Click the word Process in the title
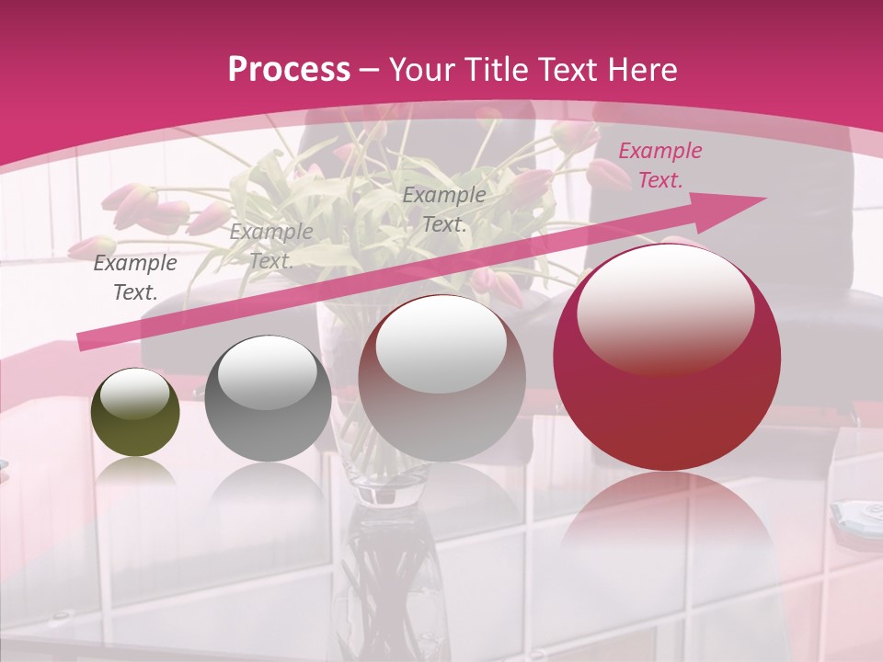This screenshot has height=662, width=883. coord(289,69)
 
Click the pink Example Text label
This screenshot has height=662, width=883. coord(659,165)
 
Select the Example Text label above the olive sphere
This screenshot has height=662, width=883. coord(135,278)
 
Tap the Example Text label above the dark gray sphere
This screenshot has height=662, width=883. coord(270,245)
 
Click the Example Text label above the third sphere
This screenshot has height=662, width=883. coord(444,209)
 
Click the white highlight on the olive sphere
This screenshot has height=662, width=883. coord(134,394)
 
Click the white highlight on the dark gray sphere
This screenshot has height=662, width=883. coord(267,372)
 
